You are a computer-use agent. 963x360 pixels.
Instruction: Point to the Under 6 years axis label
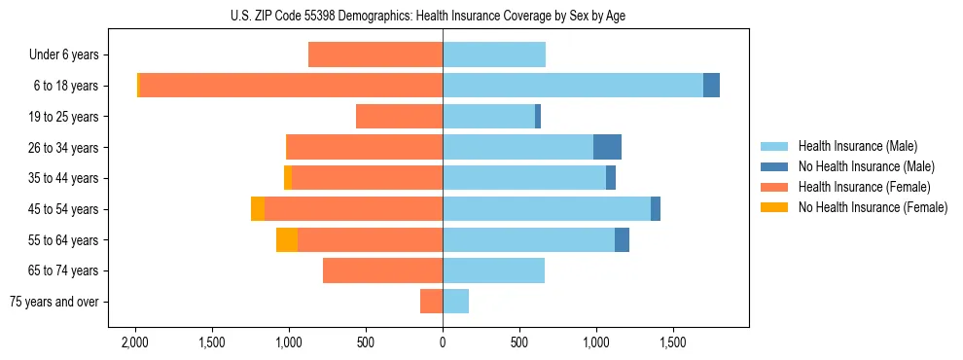(62, 55)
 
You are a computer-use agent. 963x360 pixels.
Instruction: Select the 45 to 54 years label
(63, 209)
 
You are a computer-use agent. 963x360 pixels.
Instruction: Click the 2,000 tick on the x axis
(134, 342)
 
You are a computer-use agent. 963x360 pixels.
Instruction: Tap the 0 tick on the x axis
(443, 342)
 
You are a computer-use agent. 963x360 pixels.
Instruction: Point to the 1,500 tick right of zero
(673, 342)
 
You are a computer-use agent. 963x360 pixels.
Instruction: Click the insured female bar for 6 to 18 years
(291, 86)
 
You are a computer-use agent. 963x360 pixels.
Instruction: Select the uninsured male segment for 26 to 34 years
(607, 147)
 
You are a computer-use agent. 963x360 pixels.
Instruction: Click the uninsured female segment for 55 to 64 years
(287, 240)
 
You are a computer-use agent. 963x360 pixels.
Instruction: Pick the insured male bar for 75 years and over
(455, 302)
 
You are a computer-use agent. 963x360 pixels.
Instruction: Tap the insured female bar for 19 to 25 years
(399, 117)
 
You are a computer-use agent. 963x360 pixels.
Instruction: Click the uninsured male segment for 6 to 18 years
(711, 86)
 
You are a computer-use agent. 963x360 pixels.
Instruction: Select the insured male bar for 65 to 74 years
(493, 270)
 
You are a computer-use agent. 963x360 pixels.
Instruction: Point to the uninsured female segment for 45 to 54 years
(258, 209)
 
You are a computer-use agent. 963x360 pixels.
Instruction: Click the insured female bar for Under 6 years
(375, 55)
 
